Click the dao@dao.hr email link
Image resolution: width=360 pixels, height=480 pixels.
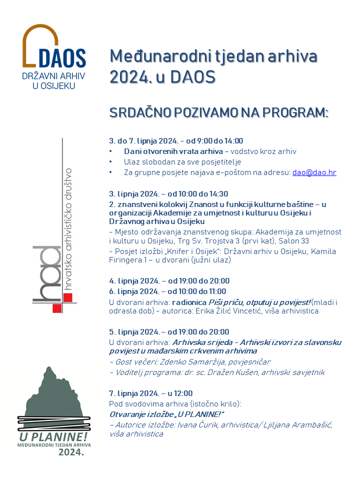tap(314, 172)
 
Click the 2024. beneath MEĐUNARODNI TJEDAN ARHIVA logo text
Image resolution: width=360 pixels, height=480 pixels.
tap(71, 452)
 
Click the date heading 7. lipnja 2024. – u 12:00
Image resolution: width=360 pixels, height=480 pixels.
tap(150, 393)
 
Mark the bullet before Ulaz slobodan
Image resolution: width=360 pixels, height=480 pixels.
tap(111, 162)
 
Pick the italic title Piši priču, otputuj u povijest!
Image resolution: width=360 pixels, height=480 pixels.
tap(259, 302)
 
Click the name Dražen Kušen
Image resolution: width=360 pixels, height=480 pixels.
tap(220, 372)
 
